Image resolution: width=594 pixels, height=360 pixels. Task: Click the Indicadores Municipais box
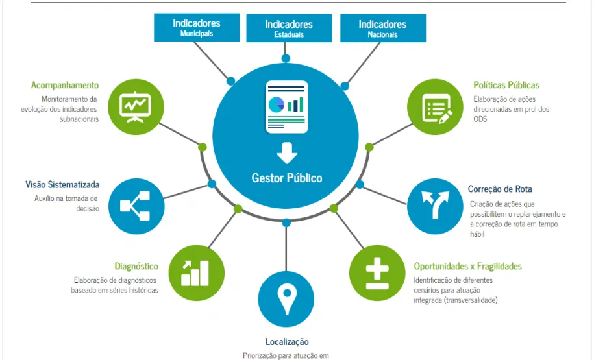[x=196, y=27]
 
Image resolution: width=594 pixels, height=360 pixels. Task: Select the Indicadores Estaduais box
[x=289, y=29]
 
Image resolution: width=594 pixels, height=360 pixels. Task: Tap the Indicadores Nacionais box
[x=382, y=29]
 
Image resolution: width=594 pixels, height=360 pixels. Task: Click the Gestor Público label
[x=286, y=178]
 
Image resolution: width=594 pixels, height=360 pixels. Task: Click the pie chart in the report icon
[x=277, y=103]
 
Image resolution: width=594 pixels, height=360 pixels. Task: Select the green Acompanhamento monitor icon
[x=136, y=106]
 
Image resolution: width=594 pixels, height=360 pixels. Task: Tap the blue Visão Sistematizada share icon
[x=136, y=206]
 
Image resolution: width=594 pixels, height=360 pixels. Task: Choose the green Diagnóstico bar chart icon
[x=196, y=272]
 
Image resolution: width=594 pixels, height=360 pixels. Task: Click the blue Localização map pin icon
[x=286, y=299]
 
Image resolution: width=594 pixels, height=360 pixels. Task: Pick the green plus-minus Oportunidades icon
[x=377, y=272]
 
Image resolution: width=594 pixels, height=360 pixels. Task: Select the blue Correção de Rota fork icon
[x=436, y=206]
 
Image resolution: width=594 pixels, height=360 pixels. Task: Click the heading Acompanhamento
[x=65, y=85]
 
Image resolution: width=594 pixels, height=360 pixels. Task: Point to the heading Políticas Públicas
[x=506, y=85]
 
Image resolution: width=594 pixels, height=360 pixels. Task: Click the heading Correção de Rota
[x=500, y=189]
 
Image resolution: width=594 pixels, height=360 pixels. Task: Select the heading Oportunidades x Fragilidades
[x=467, y=266]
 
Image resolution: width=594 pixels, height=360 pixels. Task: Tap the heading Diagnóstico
[x=136, y=266]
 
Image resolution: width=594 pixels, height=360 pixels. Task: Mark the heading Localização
[x=287, y=342]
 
